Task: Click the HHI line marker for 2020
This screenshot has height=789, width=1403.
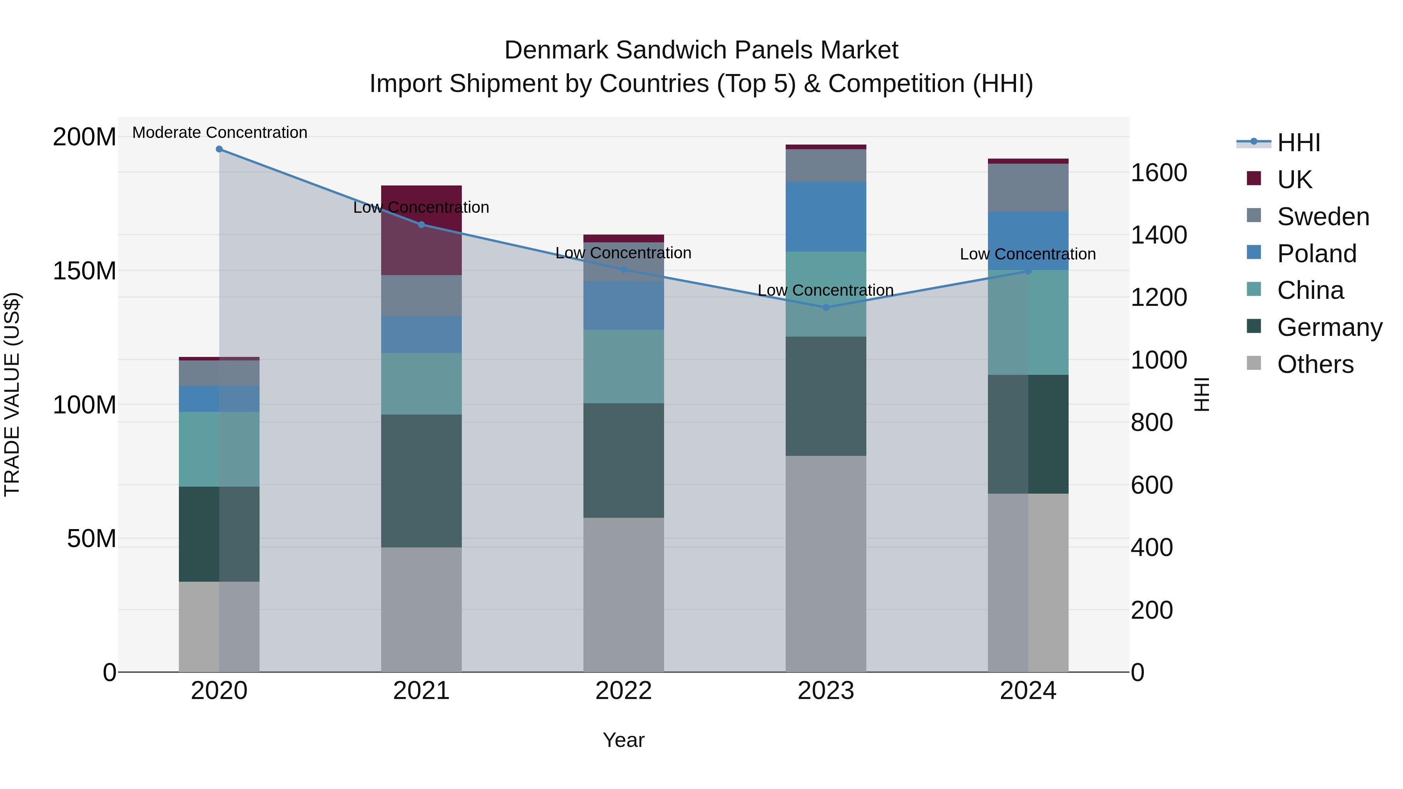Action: point(219,149)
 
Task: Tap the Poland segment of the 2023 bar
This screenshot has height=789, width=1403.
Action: point(826,216)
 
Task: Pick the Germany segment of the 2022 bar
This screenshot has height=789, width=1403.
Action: point(624,460)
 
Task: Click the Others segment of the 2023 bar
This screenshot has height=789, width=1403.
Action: point(826,563)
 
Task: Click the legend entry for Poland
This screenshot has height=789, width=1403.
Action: point(1316,253)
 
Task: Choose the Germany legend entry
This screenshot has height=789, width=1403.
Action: point(1329,327)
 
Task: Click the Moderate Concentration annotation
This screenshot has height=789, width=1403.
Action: point(219,132)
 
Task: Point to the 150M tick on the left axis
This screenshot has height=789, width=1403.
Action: point(85,271)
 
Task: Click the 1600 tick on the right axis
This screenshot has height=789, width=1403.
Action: point(1159,173)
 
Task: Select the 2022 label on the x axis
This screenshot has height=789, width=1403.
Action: point(624,691)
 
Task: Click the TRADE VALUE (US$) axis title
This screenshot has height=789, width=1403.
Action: point(12,394)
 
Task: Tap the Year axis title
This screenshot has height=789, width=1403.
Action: point(624,740)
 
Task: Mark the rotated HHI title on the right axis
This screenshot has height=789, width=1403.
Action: point(1202,394)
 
